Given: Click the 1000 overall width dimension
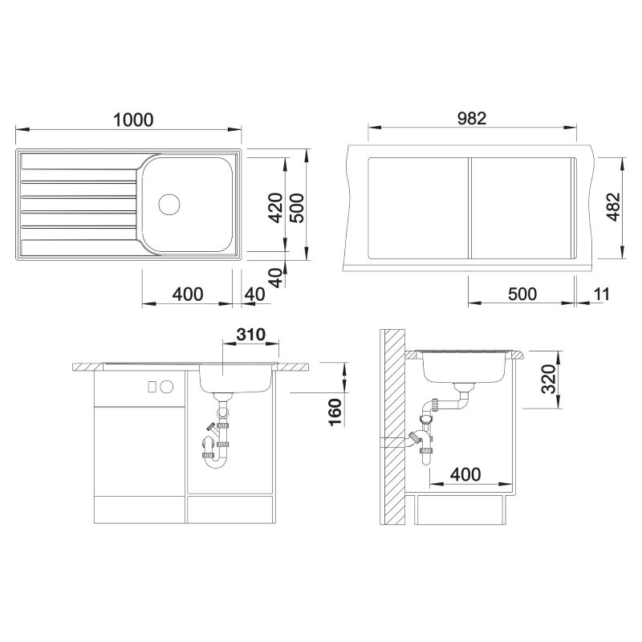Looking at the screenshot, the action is click(x=133, y=120).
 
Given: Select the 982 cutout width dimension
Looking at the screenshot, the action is click(x=472, y=118).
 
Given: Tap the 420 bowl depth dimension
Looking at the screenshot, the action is click(x=275, y=208).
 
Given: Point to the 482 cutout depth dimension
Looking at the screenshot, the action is click(x=613, y=207).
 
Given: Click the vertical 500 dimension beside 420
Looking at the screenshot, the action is click(x=297, y=208).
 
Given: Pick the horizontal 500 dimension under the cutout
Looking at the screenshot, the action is click(x=522, y=294).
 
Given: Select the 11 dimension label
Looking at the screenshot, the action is click(x=601, y=294).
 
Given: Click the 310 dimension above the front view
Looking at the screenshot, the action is click(x=250, y=335).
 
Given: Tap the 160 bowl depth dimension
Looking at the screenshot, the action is click(x=335, y=412).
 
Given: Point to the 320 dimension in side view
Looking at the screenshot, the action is click(x=548, y=379).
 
